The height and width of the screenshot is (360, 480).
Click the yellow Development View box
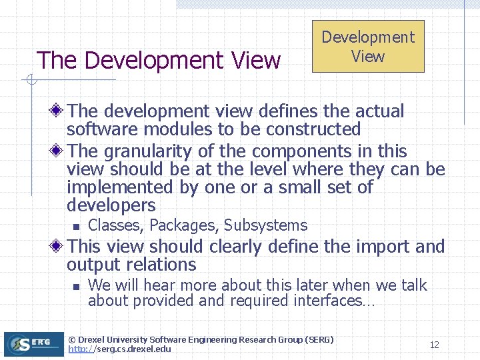(x=368, y=47)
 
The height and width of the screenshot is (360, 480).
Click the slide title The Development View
(x=159, y=61)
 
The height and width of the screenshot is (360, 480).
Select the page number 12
(x=434, y=345)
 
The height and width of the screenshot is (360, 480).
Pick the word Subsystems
(x=265, y=225)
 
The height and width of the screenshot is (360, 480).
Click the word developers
(x=111, y=205)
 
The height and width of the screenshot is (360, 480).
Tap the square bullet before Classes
(x=76, y=226)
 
